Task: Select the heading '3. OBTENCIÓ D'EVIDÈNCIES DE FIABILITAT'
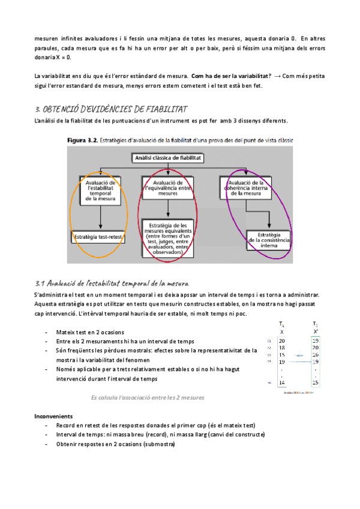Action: pos(112,109)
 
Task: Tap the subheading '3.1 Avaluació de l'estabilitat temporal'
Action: pos(113,282)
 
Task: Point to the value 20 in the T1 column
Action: pos(281,340)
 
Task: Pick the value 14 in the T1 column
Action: pos(281,382)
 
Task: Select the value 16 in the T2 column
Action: pos(316,355)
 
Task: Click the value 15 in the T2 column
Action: pos(316,382)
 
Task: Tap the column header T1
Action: pos(281,324)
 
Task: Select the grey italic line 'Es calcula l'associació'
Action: pos(148,397)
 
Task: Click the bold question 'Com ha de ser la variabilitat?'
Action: pos(230,76)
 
